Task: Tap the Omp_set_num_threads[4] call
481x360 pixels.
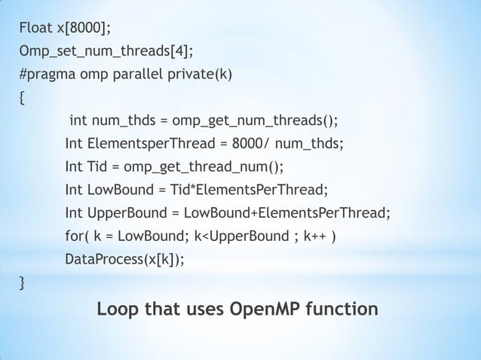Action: tap(105, 52)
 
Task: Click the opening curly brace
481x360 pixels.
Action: tap(23, 98)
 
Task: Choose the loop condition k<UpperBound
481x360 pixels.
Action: tap(239, 237)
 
